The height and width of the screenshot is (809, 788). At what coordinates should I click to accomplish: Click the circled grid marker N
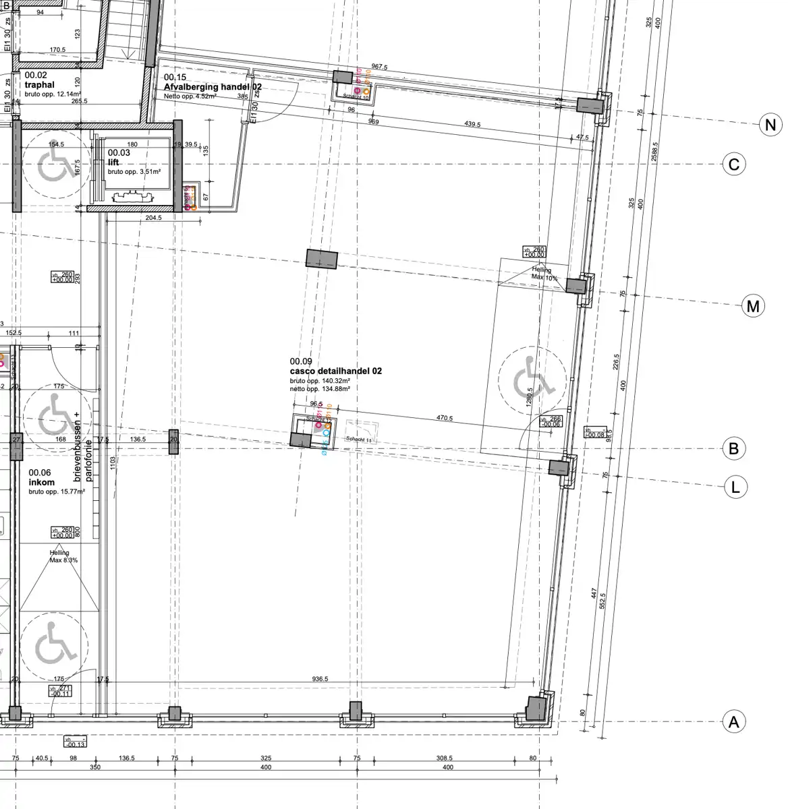pyautogui.click(x=770, y=125)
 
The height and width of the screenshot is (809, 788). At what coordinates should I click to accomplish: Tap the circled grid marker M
pyautogui.click(x=753, y=307)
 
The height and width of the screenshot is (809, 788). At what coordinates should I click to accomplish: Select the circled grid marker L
pyautogui.click(x=735, y=487)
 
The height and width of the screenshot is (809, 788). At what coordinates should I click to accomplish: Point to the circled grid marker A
pyautogui.click(x=734, y=722)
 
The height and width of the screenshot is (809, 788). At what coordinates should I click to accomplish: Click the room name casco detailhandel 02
pyautogui.click(x=336, y=371)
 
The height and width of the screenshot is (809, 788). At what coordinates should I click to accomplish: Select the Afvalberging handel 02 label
pyautogui.click(x=213, y=88)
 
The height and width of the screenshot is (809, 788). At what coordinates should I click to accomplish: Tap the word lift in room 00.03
pyautogui.click(x=113, y=162)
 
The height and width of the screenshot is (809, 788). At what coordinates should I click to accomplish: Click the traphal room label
pyautogui.click(x=39, y=85)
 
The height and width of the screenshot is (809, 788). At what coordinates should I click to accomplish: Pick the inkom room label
pyautogui.click(x=41, y=483)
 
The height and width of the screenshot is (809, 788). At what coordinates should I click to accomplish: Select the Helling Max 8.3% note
pyautogui.click(x=63, y=556)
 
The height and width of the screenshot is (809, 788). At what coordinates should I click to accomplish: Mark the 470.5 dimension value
pyautogui.click(x=444, y=418)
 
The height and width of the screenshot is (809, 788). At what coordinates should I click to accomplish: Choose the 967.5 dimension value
pyautogui.click(x=379, y=67)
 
